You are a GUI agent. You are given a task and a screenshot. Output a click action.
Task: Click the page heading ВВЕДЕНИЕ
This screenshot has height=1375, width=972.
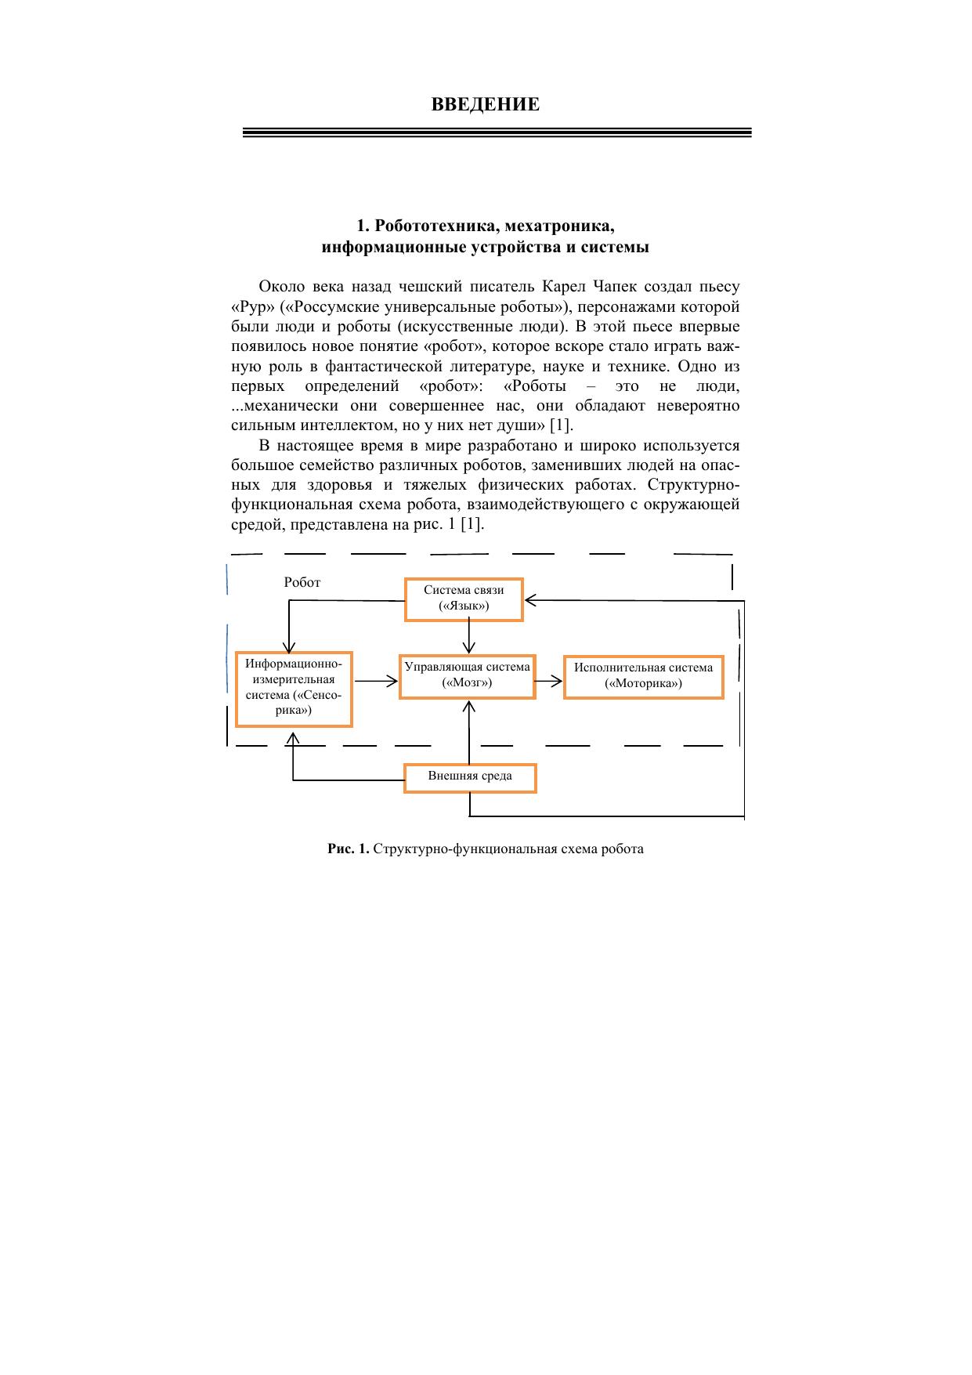pyautogui.click(x=485, y=105)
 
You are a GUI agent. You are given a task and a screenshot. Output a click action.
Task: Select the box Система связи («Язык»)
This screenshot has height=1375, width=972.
pyautogui.click(x=464, y=599)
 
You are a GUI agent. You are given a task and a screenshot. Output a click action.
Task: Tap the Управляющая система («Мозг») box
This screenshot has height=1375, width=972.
pyautogui.click(x=467, y=676)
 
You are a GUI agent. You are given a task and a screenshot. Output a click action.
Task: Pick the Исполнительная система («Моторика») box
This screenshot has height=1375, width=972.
pyautogui.click(x=643, y=676)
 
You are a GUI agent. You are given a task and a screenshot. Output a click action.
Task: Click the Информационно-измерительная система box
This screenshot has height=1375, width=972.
pyautogui.click(x=294, y=689)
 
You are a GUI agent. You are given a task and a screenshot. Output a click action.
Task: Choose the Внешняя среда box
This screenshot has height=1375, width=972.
pyautogui.click(x=470, y=777)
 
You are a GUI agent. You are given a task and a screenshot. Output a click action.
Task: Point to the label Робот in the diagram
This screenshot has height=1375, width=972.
pyautogui.click(x=302, y=583)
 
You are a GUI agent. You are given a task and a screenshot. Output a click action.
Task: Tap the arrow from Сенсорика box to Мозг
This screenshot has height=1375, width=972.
pyautogui.click(x=376, y=681)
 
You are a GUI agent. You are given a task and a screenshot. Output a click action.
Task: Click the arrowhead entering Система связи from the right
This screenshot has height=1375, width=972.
pyautogui.click(x=530, y=601)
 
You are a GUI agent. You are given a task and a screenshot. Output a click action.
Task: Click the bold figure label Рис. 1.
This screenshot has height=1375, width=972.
pyautogui.click(x=348, y=849)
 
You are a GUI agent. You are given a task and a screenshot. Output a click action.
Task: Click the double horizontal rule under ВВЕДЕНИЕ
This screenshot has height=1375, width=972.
pyautogui.click(x=497, y=133)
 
